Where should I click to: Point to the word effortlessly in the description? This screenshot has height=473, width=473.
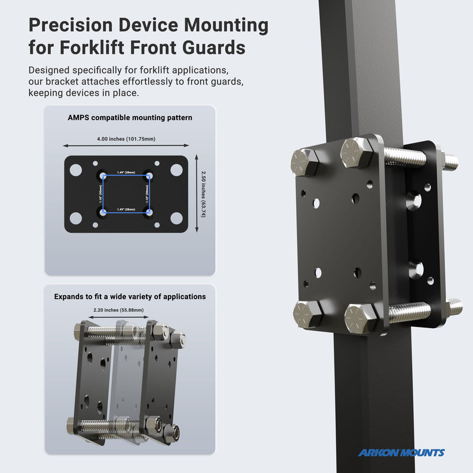151,82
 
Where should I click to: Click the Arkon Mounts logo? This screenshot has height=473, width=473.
401,453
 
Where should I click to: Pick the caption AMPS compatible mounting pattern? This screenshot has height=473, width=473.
129,118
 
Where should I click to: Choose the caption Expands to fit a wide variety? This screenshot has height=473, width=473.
129,296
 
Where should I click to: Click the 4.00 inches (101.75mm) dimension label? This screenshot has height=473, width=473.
126,139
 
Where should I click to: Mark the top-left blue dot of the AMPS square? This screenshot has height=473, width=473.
103,176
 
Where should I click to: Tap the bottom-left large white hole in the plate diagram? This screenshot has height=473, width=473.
76,218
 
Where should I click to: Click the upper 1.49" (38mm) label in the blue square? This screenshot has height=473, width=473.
126,173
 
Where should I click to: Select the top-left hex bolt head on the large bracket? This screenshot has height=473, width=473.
304,161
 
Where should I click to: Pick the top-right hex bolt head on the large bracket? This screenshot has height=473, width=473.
357,152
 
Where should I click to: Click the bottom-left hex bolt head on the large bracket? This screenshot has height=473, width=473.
307,313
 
